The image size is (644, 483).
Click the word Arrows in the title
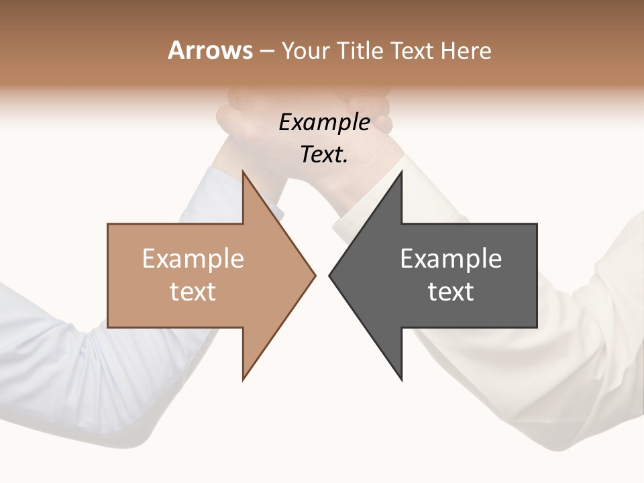[210, 50]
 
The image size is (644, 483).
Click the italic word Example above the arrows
[324, 122]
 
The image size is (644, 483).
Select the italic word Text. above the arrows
[324, 154]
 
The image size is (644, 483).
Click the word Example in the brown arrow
[193, 259]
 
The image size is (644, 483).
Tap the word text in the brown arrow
[193, 292]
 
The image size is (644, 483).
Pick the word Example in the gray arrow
[451, 259]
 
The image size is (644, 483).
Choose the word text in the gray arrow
[451, 292]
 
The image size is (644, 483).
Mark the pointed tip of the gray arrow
[330, 275]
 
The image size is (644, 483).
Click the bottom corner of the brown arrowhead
[244, 379]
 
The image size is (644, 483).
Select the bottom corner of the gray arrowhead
[401, 379]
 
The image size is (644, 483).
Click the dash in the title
[266, 51]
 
